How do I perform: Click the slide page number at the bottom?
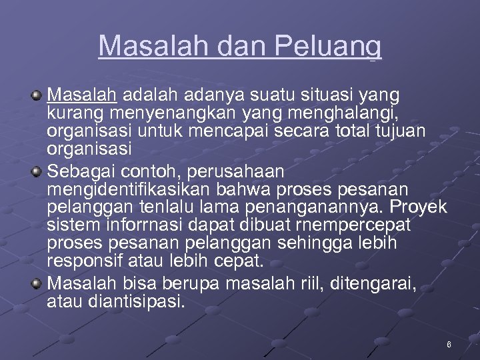449,345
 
